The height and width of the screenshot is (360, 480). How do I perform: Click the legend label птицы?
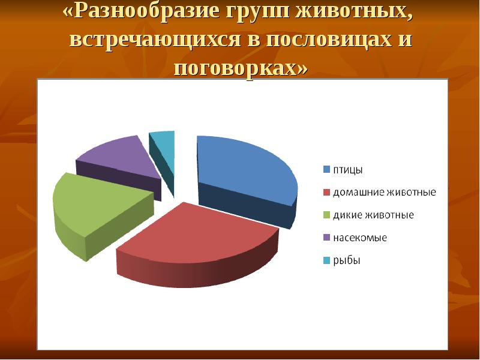point(348,170)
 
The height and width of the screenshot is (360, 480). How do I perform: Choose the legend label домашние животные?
point(385,193)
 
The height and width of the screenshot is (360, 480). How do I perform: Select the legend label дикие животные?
point(373,215)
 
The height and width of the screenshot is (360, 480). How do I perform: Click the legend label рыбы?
point(347,260)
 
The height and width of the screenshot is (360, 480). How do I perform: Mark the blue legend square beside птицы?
point(326,170)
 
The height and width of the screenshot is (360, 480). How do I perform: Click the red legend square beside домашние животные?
point(326,193)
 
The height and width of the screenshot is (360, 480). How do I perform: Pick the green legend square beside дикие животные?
point(326,215)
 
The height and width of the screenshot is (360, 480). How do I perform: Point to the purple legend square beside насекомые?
point(326,238)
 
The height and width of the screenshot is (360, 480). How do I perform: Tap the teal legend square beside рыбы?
point(326,260)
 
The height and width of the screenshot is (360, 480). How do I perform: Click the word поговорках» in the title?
point(241,67)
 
